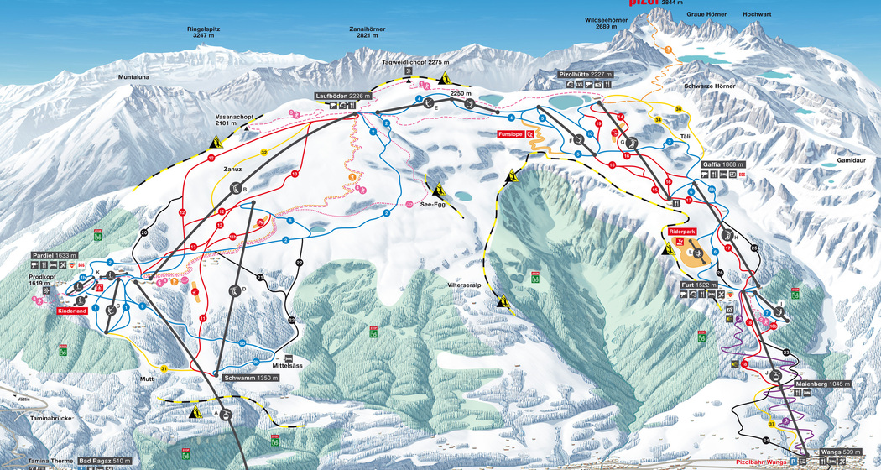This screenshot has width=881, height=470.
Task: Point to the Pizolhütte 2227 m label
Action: pos(586,75)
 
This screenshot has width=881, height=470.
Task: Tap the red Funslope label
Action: pos(534,133)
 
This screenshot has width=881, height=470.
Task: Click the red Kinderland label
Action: pos(73,311)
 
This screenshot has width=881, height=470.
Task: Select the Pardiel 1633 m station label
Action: pos(54,255)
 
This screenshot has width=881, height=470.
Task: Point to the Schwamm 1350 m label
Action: pos(251,378)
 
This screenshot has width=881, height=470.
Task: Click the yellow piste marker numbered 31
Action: pos(164,368)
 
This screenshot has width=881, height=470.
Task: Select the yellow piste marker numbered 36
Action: pos(678,109)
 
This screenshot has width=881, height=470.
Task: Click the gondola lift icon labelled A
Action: pos(227,413)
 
